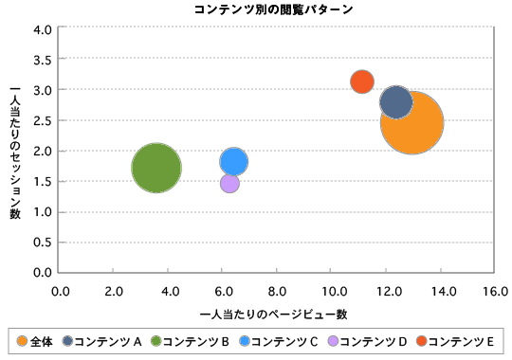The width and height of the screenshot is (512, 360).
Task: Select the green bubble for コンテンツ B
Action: pos(156,168)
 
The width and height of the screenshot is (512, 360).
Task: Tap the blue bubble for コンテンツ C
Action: pos(234,161)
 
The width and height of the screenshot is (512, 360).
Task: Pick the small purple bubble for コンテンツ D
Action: pos(229,183)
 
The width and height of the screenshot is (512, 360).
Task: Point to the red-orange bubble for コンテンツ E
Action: pos(361,81)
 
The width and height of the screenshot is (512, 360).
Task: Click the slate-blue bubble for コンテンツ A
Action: pos(396,101)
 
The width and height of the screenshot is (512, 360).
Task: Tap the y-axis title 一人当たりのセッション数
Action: pos(14,152)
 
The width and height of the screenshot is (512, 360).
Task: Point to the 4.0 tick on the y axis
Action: pos(42,29)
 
